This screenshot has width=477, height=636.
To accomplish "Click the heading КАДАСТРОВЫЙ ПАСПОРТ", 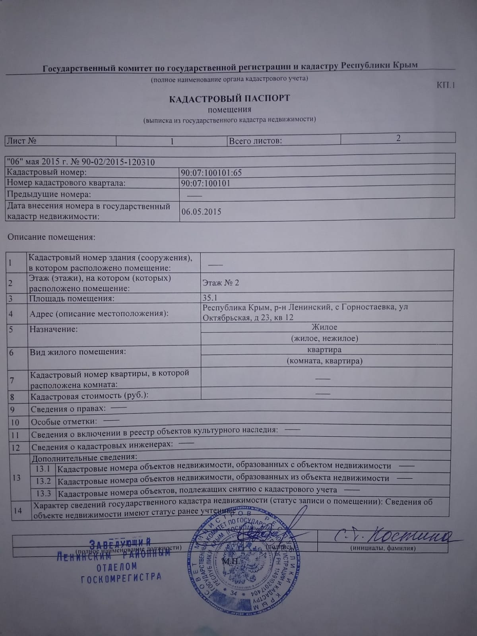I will pos(229,98).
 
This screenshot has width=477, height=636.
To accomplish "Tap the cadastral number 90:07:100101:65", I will pos(211,173).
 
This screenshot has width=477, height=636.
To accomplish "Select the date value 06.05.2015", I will pos(201,211).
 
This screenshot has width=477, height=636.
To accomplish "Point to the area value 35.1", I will pos(210,297).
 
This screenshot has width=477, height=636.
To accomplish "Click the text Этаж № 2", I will pos(221,283).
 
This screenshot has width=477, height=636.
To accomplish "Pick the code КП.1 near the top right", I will pos(445,85).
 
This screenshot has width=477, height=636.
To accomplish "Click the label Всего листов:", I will pos(255,141).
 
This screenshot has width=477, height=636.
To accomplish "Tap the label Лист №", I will pos(22,141).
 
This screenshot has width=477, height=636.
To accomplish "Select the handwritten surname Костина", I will pos(409,537).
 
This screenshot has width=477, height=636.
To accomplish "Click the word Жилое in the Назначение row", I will pos(324,327).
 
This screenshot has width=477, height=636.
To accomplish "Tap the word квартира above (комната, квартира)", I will pos(324,350).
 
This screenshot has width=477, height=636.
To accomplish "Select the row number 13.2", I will pos(43,481).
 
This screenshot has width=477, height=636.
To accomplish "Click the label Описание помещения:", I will pos(52,237).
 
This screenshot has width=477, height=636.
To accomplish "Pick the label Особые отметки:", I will pos(64,422).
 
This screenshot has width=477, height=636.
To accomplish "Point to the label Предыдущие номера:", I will pos(49,194).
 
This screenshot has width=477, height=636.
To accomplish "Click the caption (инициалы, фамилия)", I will pos(383,548).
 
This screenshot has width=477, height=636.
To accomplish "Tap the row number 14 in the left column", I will pos(17,510).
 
